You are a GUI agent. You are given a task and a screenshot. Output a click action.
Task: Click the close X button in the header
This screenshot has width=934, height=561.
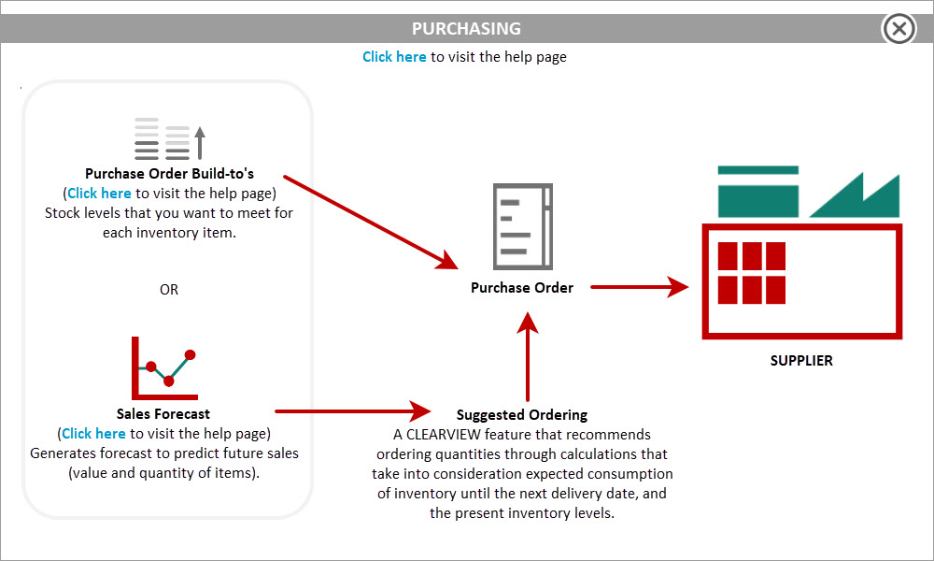pyautogui.click(x=899, y=28)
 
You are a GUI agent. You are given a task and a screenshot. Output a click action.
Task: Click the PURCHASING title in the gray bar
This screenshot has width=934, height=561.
pyautogui.click(x=466, y=29)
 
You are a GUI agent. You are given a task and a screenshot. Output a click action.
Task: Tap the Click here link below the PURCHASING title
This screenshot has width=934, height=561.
pyautogui.click(x=394, y=57)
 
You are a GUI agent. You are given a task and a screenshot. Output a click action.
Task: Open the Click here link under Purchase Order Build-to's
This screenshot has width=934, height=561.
pyautogui.click(x=99, y=194)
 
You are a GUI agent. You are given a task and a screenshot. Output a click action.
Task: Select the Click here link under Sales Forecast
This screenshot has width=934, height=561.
pyautogui.click(x=93, y=434)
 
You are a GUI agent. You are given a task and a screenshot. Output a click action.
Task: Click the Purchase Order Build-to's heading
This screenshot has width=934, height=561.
pyautogui.click(x=169, y=174)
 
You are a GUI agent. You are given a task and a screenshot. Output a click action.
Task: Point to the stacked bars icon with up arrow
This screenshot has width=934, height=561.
pyautogui.click(x=170, y=139)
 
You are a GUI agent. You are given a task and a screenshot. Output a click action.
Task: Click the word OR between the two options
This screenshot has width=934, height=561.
pyautogui.click(x=168, y=289)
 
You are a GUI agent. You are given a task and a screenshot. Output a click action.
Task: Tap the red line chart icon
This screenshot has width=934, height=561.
pyautogui.click(x=164, y=368)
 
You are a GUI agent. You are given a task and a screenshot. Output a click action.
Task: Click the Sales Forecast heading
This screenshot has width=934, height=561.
pyautogui.click(x=163, y=414)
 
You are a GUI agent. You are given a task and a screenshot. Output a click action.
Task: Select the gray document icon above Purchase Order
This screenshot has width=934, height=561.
pyautogui.click(x=523, y=226)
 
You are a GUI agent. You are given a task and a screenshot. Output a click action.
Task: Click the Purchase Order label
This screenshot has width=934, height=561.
pyautogui.click(x=522, y=287)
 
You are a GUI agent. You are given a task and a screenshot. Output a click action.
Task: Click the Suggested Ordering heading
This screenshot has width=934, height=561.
pyautogui.click(x=522, y=414)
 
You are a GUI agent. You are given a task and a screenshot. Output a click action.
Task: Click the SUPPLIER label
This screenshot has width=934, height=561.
pyautogui.click(x=801, y=360)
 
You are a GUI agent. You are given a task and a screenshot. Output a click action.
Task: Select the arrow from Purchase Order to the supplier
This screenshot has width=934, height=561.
pyautogui.click(x=640, y=287)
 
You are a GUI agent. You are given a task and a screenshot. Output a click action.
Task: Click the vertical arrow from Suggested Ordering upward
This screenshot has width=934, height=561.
pyautogui.click(x=527, y=356)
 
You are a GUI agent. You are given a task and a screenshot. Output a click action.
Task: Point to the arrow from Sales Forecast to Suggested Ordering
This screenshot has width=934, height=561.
pyautogui.click(x=353, y=410)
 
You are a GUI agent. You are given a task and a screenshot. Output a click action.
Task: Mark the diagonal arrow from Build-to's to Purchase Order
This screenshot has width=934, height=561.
pyautogui.click(x=371, y=223)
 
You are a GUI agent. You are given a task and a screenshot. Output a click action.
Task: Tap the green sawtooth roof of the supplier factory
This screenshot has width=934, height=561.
pyautogui.click(x=855, y=195)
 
